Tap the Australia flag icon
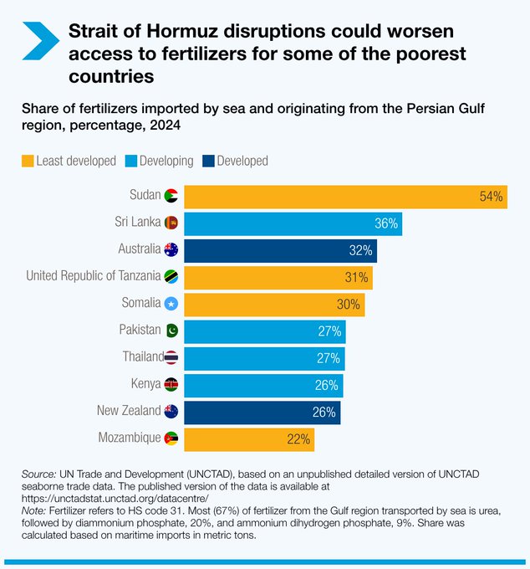[x=171, y=249]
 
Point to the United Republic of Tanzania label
[x=93, y=275]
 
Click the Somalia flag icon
[x=171, y=303]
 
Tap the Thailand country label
[x=142, y=356]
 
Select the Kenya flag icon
[x=171, y=384]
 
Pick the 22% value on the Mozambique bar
[x=299, y=438]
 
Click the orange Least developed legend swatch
[x=28, y=161]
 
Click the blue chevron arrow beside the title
[x=38, y=40]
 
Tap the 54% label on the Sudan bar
[x=492, y=197]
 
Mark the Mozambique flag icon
[x=171, y=438]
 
